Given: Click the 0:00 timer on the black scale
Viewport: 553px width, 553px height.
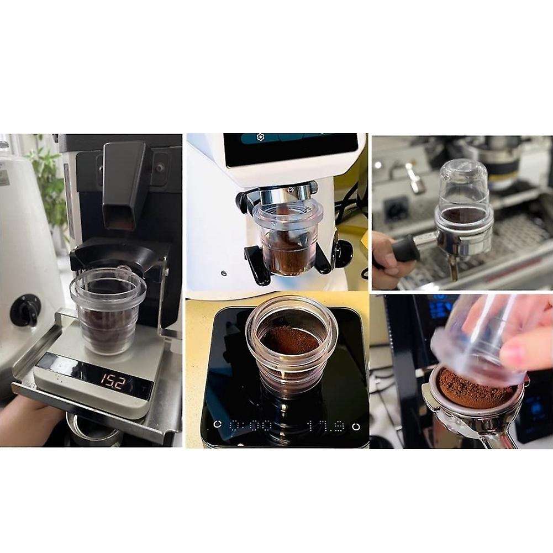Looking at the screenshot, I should pyautogui.click(x=251, y=426).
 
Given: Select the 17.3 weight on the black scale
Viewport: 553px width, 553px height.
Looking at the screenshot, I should pyautogui.click(x=325, y=426).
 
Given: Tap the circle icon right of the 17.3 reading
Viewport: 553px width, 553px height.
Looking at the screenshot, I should pyautogui.click(x=356, y=426).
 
